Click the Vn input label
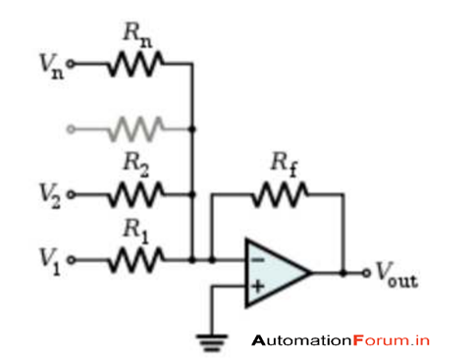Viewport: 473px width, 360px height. coord(47,69)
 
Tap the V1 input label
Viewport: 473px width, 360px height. coord(47,261)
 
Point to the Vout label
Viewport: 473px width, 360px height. coord(395,276)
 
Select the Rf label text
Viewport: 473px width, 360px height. coord(282,164)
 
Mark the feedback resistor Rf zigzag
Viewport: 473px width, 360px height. coord(280,195)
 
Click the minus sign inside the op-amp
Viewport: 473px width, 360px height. coord(257,261)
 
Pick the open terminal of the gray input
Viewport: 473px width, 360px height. coord(70,129)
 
